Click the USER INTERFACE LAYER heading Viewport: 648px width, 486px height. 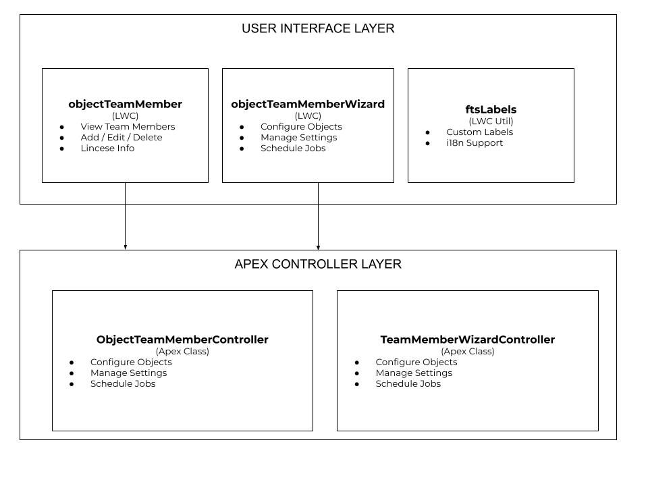[318, 28]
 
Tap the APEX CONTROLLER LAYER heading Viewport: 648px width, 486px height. [318, 264]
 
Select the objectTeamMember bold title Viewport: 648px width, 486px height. [125, 104]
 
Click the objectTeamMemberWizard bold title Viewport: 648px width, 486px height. [308, 104]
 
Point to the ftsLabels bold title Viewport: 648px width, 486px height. [491, 109]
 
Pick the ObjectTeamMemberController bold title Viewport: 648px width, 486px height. [182, 340]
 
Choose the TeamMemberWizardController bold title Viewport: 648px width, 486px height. [467, 340]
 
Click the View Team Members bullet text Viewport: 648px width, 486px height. [128, 127]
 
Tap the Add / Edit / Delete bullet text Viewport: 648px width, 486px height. [122, 138]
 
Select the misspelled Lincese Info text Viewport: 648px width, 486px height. [107, 148]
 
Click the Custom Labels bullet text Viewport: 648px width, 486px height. [479, 132]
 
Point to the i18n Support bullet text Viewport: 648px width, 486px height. [475, 143]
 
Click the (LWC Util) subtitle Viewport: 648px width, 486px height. [491, 122]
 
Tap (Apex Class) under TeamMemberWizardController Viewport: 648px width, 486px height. [467, 352]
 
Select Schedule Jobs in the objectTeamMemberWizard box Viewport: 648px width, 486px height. [293, 148]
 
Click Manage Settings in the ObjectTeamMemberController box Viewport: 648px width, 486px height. [128, 373]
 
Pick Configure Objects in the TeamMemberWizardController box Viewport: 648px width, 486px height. [416, 362]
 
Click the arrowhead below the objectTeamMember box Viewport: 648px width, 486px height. [125, 247]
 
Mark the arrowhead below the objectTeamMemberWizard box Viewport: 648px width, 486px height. [318, 247]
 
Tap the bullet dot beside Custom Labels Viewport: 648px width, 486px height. [428, 133]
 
